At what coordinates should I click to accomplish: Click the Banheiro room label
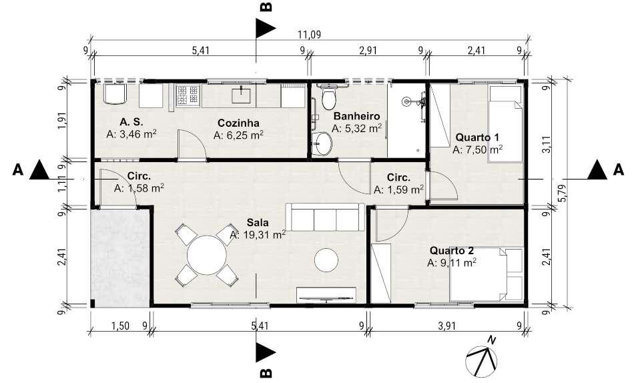point(356,116)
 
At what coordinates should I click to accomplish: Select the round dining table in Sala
point(207,255)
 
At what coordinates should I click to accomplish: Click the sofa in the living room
point(325,218)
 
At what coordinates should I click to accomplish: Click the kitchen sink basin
point(241,95)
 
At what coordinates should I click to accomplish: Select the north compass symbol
point(482,359)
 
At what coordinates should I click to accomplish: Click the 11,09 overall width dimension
point(309,35)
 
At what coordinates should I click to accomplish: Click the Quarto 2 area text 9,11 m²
point(452,263)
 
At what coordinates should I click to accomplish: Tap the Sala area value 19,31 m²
point(258,234)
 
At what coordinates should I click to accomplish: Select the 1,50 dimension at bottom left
point(121,326)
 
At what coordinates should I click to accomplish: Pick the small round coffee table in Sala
point(326,260)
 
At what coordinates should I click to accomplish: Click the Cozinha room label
point(238,123)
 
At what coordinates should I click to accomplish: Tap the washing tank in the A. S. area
point(115,94)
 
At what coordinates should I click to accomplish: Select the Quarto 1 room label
point(474,137)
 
